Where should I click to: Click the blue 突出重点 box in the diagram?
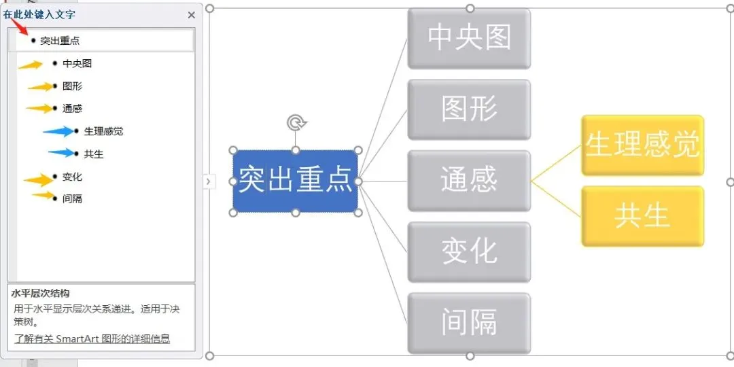[295, 181]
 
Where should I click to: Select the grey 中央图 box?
[469, 38]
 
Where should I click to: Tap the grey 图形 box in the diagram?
[469, 109]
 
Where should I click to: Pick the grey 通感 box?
[469, 181]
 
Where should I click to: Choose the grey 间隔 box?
[469, 323]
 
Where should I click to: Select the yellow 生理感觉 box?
[642, 145]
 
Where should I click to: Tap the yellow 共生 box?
[642, 216]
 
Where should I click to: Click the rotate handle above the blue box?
[296, 123]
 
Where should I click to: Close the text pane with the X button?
[192, 14]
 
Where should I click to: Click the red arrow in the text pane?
[20, 27]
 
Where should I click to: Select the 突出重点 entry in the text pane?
[60, 41]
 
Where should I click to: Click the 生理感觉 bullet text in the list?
[103, 131]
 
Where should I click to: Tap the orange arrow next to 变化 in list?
[38, 179]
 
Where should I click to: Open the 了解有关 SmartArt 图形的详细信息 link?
[92, 338]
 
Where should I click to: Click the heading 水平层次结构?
[40, 294]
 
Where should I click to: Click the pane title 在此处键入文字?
[39, 14]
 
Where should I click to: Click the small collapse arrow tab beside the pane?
[208, 181]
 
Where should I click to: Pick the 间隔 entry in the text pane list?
[72, 198]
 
